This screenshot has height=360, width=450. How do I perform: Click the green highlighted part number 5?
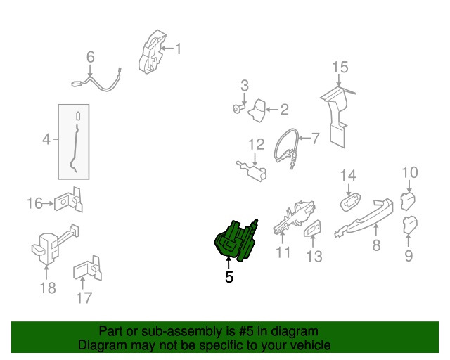click(236, 240)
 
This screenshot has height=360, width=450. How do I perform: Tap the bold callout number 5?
click(229, 277)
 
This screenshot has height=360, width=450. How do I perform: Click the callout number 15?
click(340, 67)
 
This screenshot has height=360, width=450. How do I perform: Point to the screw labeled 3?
click(238, 108)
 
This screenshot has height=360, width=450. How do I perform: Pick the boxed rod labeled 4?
click(75, 142)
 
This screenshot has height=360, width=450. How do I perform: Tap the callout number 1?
click(178, 49)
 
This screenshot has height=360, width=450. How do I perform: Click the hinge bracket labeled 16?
click(69, 200)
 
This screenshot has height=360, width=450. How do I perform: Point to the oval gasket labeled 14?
click(350, 202)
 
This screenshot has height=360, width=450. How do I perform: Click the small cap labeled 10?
click(408, 202)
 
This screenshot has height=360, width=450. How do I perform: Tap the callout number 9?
click(409, 255)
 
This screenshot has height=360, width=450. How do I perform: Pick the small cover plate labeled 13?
click(312, 229)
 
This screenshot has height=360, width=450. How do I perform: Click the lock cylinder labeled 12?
click(252, 171)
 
